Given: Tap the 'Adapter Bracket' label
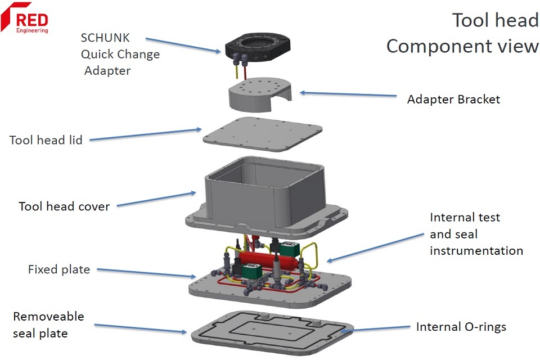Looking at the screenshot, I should coord(453,100).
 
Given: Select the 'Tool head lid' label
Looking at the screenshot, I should coord(46,140).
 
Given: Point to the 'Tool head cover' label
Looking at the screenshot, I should coord(64,206).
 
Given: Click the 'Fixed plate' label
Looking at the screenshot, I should coord(59,269).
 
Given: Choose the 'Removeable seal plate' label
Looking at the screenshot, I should coord(48,325).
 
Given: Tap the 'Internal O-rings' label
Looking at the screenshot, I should coord(461,327).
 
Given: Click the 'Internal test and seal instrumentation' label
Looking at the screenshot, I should coord(476,233).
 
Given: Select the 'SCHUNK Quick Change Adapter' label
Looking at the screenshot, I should coord(120,54).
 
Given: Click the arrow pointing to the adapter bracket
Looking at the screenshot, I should coord(348,94).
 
